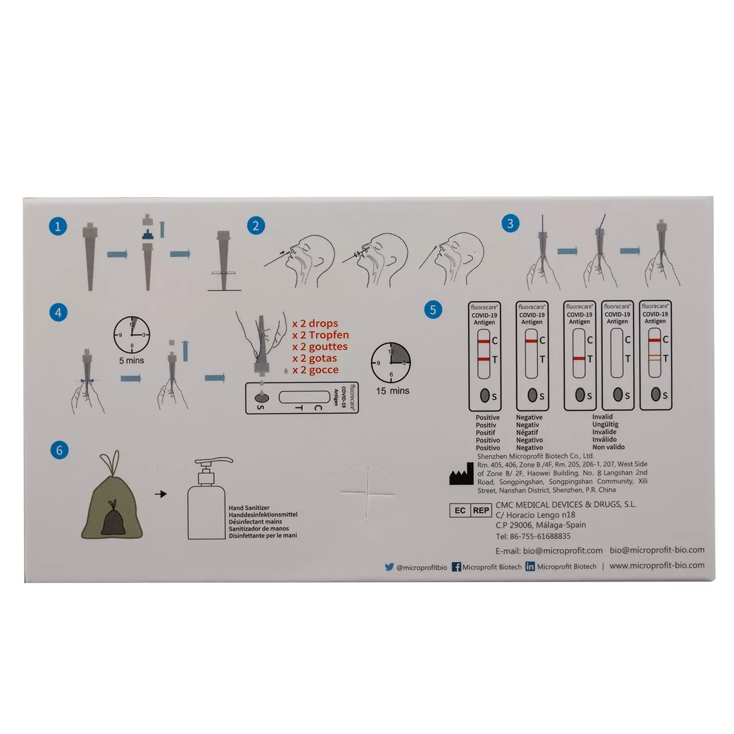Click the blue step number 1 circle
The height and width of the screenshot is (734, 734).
58,227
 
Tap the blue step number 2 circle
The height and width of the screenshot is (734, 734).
255,226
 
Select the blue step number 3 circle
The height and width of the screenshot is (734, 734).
510,224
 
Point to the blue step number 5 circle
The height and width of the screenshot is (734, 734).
433,310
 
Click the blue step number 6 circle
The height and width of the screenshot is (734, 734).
60,450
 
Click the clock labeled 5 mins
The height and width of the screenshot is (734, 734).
132,335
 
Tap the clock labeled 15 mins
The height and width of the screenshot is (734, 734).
391,363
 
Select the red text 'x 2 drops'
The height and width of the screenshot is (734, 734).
315,323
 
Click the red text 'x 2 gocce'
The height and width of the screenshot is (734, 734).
315,370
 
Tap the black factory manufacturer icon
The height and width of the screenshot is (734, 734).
461,474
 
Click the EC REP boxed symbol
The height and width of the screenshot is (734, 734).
470,510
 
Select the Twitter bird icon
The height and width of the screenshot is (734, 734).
389,567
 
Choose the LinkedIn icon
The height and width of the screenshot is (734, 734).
530,567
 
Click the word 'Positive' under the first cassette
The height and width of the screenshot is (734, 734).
487,418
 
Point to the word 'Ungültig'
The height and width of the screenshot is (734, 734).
605,425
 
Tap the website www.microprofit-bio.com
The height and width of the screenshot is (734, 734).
657,565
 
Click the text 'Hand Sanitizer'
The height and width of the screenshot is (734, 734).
249,508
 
